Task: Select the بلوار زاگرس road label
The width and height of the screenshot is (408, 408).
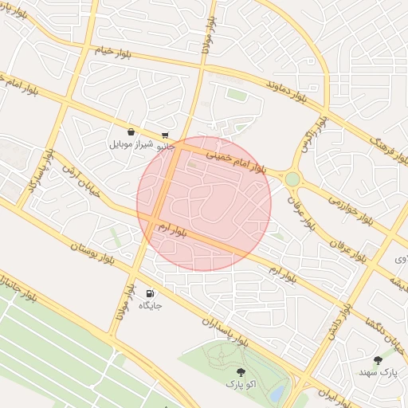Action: [313, 135]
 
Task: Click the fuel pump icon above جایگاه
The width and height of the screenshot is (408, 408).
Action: [150, 293]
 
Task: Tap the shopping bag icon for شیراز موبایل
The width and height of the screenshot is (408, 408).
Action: [130, 132]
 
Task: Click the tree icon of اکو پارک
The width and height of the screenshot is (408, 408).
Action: [240, 372]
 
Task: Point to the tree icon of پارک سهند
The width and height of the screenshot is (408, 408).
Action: [378, 360]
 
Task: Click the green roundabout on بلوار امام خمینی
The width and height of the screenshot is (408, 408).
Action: [292, 179]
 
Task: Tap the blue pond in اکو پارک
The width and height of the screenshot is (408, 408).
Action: [277, 393]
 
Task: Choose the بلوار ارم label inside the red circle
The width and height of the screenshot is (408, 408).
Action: [171, 229]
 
